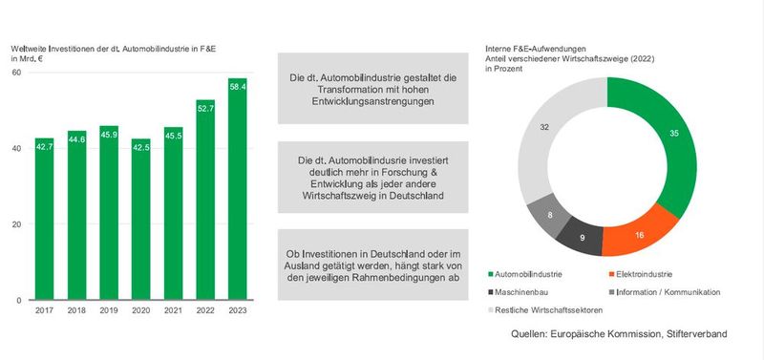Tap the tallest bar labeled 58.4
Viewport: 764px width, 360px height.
tap(238, 191)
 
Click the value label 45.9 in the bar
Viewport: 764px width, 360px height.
tap(109, 133)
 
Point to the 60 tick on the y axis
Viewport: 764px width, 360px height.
tap(16, 74)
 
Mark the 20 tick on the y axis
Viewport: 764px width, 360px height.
tap(16, 224)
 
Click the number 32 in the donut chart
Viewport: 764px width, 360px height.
tap(544, 127)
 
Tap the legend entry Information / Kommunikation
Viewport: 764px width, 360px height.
tap(668, 291)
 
